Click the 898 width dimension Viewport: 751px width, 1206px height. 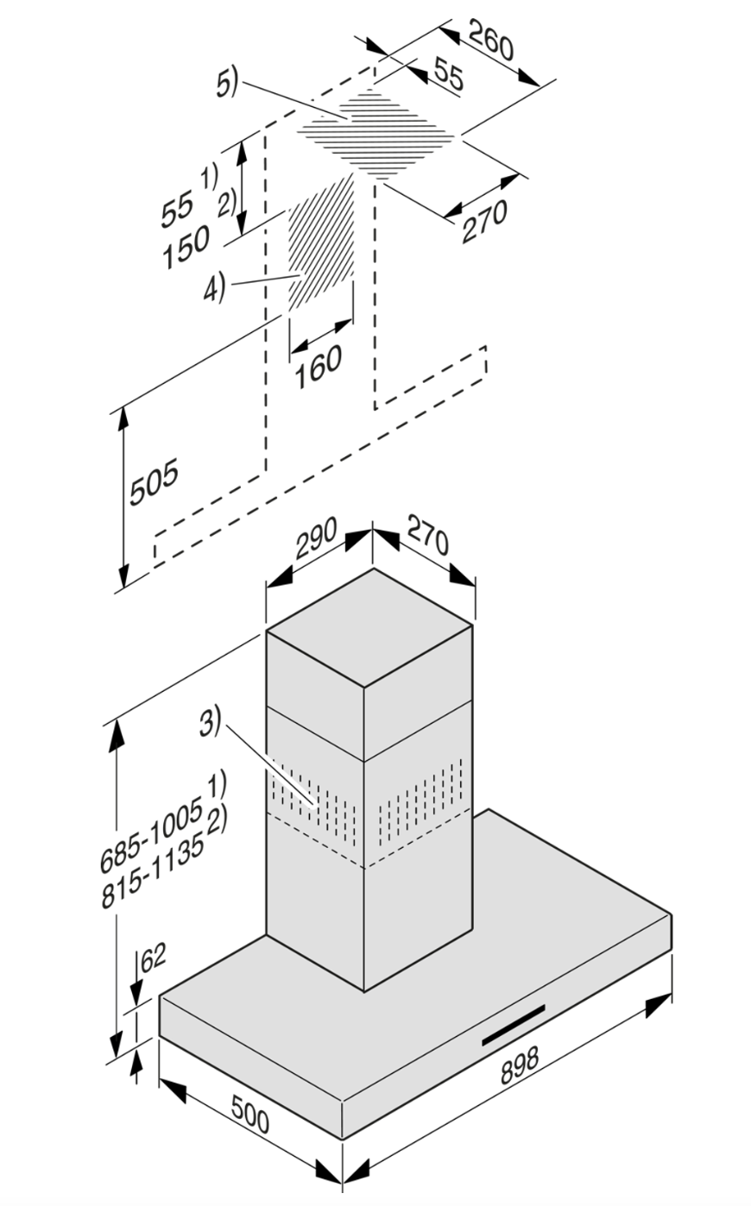point(518,1066)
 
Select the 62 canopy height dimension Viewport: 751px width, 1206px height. point(152,958)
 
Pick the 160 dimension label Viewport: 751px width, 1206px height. point(318,366)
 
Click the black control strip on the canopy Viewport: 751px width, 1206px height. point(514,1024)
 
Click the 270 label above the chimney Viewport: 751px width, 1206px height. point(427,541)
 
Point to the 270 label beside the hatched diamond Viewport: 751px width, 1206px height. point(484,222)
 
